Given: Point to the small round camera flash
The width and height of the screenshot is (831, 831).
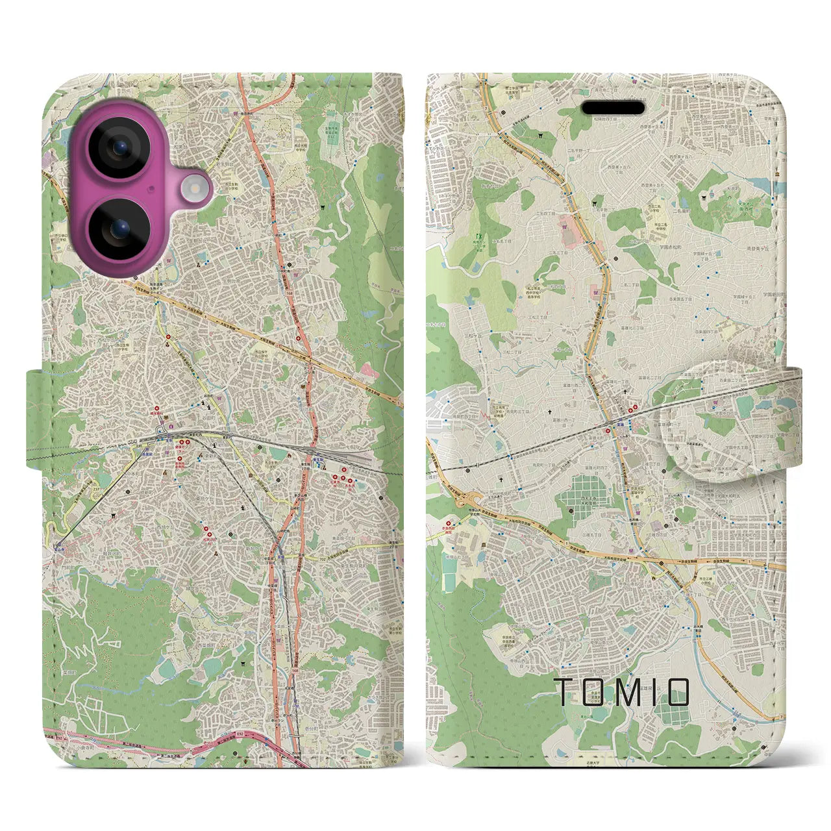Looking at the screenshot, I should pyautogui.click(x=193, y=189).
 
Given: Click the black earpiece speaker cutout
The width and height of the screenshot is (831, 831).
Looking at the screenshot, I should pyautogui.click(x=612, y=107).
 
